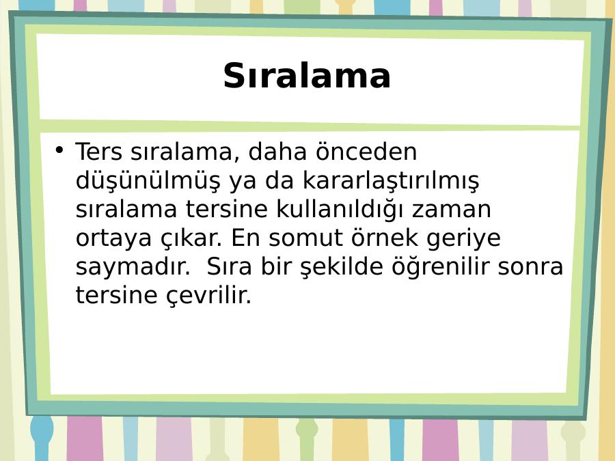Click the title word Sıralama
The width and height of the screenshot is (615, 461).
click(307, 76)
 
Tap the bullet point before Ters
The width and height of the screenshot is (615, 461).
click(59, 150)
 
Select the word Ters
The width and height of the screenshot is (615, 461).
click(99, 152)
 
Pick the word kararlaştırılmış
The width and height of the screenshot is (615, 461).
click(391, 181)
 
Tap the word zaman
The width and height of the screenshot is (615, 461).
click(451, 210)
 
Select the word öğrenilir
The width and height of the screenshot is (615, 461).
click(441, 267)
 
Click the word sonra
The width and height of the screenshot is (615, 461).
click(530, 267)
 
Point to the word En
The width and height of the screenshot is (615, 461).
click(245, 237)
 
